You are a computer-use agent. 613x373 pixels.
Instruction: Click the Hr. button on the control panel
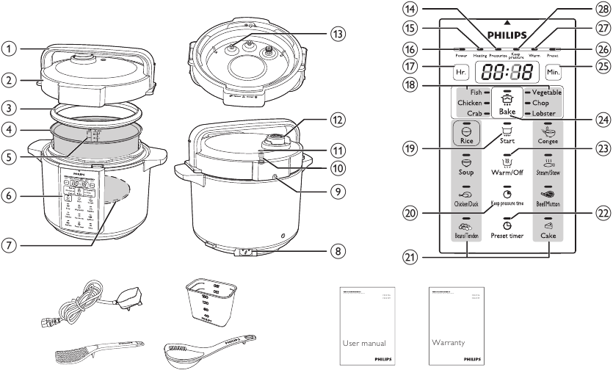[461, 73]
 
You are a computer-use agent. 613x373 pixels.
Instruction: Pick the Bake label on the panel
[507, 112]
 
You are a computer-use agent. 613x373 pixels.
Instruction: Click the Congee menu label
[548, 140]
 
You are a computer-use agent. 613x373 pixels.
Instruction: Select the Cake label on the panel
[548, 236]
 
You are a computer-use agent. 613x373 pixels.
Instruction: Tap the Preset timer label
[507, 235]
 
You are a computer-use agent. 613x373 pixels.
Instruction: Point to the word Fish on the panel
[476, 93]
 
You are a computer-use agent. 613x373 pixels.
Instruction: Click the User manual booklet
[366, 327]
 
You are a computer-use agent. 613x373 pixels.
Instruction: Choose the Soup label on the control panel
[465, 173]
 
